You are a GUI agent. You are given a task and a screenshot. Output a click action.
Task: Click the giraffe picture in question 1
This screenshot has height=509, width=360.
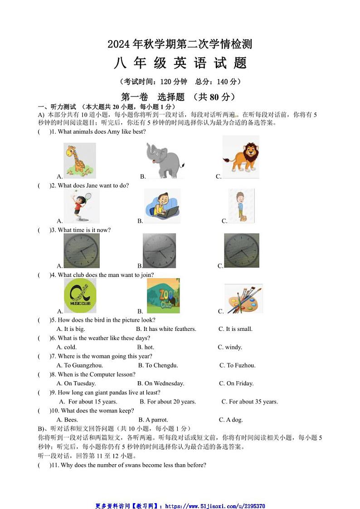click(80, 160)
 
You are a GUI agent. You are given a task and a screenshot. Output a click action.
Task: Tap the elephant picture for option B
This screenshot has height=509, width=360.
click(165, 160)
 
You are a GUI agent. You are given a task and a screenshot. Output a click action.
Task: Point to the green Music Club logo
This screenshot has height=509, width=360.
click(80, 296)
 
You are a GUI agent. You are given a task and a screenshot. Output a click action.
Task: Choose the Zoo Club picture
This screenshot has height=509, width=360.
click(163, 296)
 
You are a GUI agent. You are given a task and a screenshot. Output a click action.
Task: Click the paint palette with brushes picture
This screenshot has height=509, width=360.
click(244, 298)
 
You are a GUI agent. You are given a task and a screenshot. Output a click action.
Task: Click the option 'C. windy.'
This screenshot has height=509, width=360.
click(230, 347)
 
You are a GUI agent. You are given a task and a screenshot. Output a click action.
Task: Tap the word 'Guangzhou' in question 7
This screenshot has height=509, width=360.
click(88, 365)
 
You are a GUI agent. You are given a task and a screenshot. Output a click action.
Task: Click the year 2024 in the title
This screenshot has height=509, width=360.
click(119, 44)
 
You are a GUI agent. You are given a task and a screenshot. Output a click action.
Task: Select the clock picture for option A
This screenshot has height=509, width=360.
click(81, 251)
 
